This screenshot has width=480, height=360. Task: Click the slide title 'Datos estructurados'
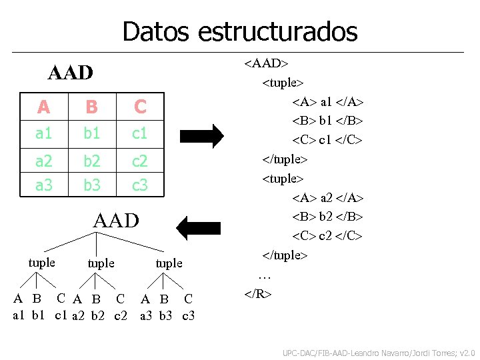tap(240, 31)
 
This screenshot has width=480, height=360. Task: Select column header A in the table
tap(43, 107)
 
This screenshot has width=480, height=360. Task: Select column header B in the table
tap(91, 107)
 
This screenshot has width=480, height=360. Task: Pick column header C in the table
tap(139, 107)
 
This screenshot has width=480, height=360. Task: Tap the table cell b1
tap(91, 133)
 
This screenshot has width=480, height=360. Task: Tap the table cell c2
tap(139, 161)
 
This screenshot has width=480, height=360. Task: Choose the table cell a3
tap(43, 185)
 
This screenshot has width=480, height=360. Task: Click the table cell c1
tap(139, 133)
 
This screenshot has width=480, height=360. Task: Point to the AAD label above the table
tap(71, 73)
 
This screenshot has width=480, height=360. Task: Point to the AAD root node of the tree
tap(117, 221)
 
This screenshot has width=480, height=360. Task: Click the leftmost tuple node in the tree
tap(42, 263)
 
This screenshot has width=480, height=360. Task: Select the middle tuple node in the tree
tap(101, 263)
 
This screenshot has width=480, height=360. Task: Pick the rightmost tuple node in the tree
tap(169, 263)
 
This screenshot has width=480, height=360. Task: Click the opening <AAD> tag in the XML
tap(266, 63)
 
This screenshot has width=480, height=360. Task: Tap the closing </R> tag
tap(258, 293)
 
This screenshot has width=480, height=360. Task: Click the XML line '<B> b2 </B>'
tap(327, 217)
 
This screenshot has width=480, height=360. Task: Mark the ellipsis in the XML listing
tap(265, 275)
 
